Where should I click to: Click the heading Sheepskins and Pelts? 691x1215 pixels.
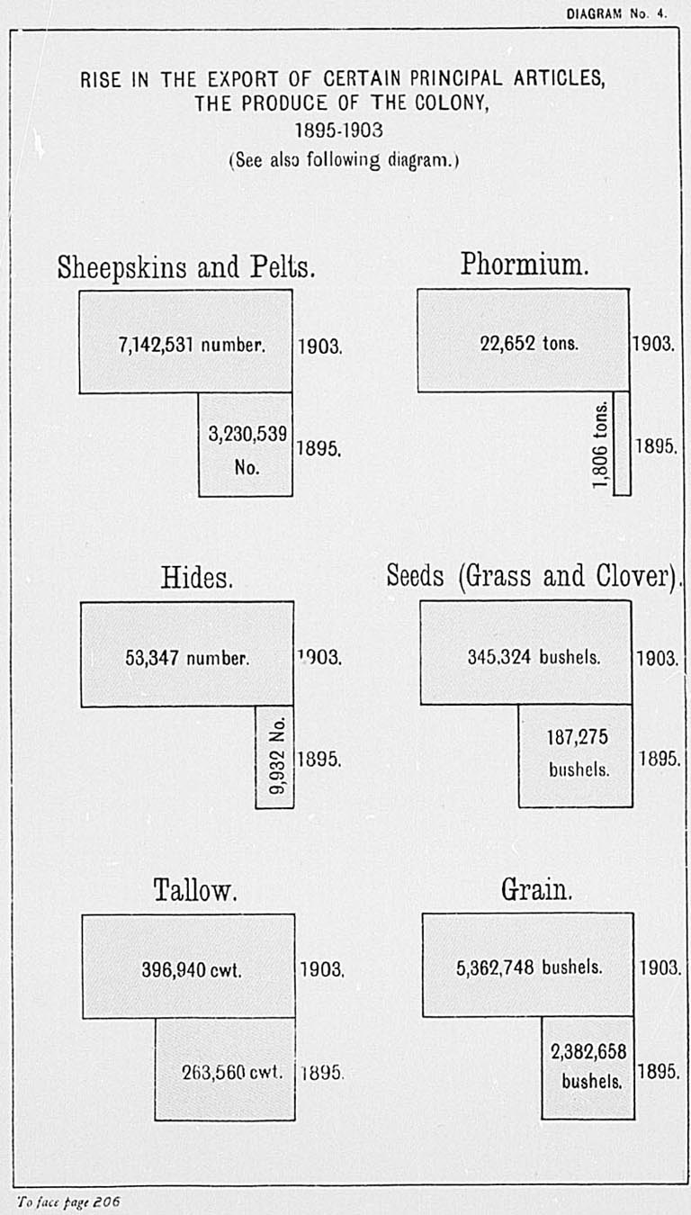(x=186, y=267)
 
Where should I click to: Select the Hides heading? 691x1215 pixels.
(x=197, y=578)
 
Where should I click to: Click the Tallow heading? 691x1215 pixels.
(x=195, y=891)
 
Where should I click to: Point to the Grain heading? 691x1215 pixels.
(x=536, y=890)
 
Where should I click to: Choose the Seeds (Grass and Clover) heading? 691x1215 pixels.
(x=533, y=577)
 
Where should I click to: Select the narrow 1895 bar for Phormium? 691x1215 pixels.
(x=622, y=443)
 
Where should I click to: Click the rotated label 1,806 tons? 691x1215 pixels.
(x=602, y=445)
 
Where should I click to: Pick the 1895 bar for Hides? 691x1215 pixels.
(x=274, y=757)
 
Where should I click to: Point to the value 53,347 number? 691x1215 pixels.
(x=186, y=657)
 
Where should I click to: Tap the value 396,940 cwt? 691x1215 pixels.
(x=193, y=970)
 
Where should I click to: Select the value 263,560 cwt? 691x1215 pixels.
(x=233, y=1072)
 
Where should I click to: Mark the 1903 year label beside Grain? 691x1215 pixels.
(x=658, y=968)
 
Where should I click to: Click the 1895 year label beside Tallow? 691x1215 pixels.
(x=322, y=1073)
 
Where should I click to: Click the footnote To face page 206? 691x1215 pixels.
(x=67, y=1201)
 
